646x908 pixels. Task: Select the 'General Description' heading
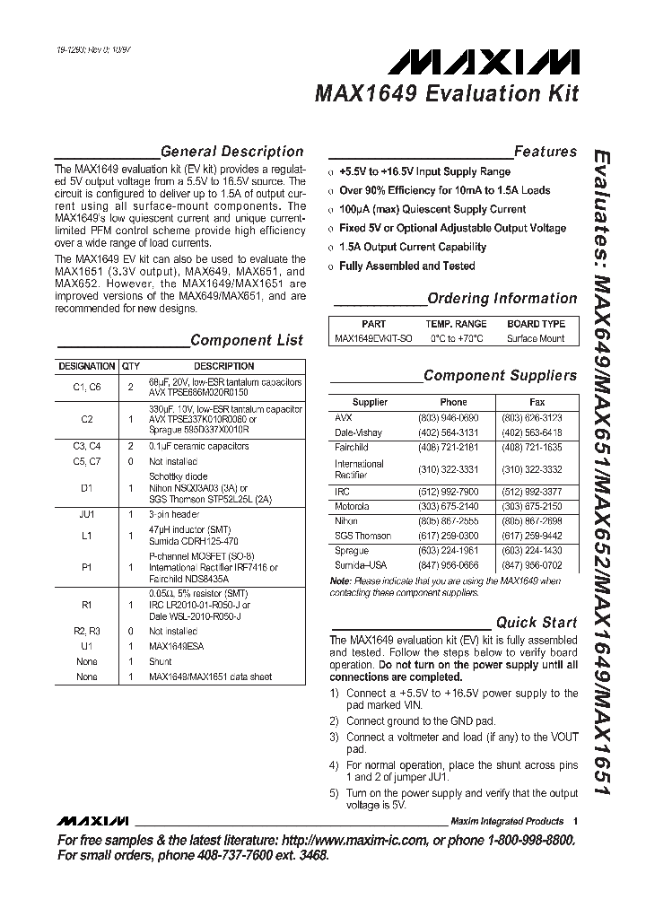point(231,152)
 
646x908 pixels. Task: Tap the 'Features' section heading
point(545,152)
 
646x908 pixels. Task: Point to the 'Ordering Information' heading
point(502,299)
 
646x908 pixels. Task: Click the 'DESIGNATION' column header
point(87,366)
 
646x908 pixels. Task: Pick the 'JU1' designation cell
point(87,515)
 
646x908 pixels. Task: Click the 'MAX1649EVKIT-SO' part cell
point(373,338)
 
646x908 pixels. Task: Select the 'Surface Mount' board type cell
point(536,338)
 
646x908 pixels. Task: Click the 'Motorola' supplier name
point(351,507)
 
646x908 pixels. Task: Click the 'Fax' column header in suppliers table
point(537,402)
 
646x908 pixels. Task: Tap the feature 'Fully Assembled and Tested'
point(406,266)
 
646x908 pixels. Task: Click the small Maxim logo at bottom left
point(92,821)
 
